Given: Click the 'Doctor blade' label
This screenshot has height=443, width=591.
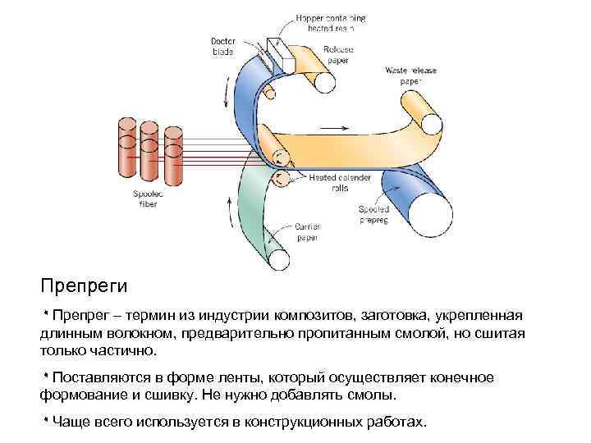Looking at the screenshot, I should pyautogui.click(x=222, y=45).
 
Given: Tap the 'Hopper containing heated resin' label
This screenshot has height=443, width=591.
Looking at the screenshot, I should pyautogui.click(x=331, y=22).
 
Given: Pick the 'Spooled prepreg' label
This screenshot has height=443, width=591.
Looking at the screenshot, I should pyautogui.click(x=373, y=215).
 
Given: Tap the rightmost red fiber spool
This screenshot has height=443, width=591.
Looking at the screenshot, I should pyautogui.click(x=173, y=156).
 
